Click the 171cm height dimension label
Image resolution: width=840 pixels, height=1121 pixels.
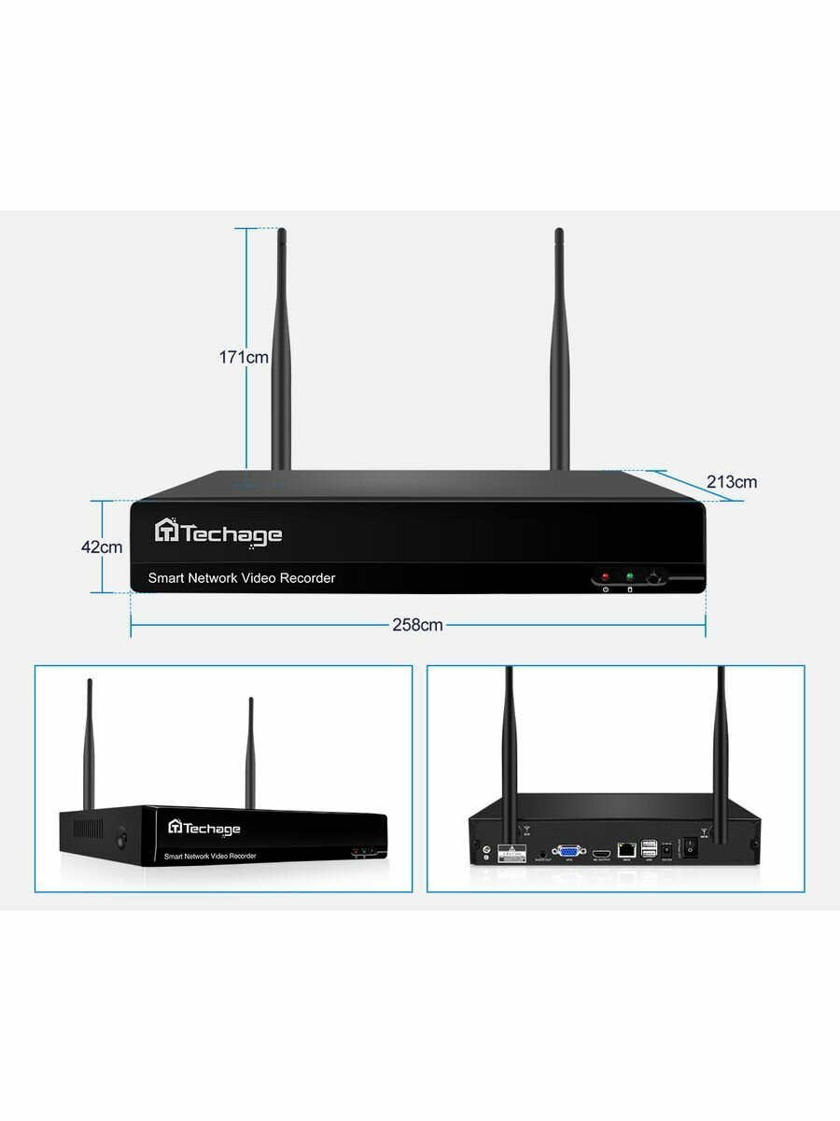click(245, 357)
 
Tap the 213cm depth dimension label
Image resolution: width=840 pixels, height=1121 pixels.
click(732, 482)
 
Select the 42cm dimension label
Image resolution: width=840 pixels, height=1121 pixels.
click(102, 547)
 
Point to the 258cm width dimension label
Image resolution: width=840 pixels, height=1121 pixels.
click(417, 625)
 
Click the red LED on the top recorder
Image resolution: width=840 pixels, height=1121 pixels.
click(605, 577)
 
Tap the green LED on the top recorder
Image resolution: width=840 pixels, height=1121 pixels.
click(629, 577)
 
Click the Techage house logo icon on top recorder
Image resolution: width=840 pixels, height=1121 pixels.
click(166, 531)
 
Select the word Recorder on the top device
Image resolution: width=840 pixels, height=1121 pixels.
click(304, 578)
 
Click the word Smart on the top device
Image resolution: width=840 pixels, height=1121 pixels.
click(166, 578)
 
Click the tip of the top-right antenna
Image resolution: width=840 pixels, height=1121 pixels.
click(558, 232)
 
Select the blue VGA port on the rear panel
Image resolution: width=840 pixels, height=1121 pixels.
click(567, 851)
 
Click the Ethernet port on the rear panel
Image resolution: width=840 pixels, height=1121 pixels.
click(626, 850)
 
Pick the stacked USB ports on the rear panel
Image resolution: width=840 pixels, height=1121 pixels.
click(650, 848)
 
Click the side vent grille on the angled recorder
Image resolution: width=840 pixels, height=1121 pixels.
click(90, 830)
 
